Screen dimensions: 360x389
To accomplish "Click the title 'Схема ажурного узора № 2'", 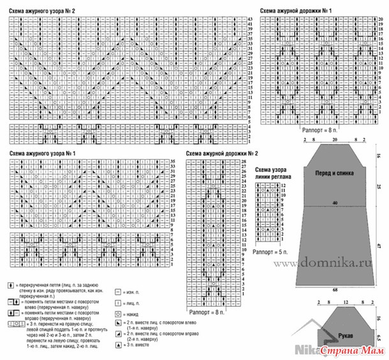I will coord(42,11).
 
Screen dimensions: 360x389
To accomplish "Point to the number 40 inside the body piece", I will coord(334,203).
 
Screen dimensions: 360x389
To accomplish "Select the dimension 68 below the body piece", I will coord(334,290).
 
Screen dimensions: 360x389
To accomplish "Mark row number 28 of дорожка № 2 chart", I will coord(243,164).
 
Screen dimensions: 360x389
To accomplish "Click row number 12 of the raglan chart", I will coord(284,184).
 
